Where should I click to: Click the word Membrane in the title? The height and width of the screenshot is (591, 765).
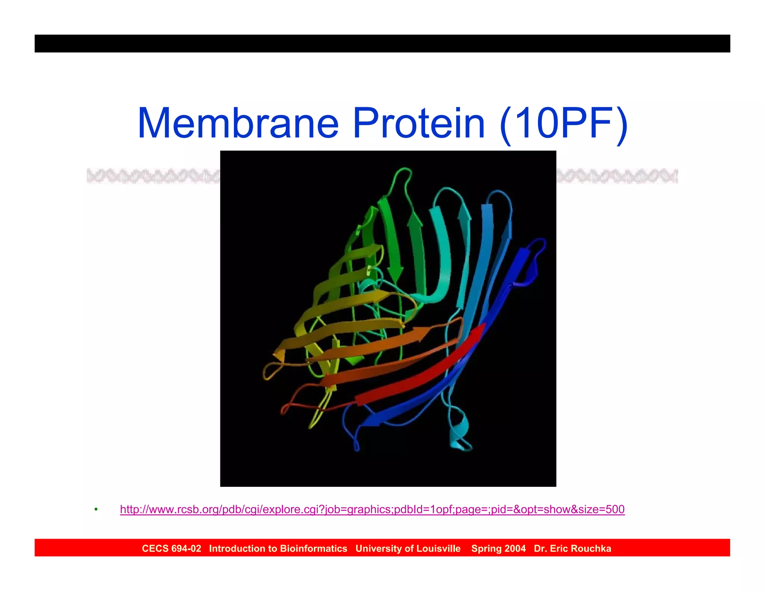[x=238, y=123]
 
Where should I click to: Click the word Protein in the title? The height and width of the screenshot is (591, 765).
[x=419, y=123]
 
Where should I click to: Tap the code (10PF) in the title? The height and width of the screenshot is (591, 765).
[x=563, y=123]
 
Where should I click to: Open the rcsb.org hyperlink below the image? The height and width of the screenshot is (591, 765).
[x=372, y=509]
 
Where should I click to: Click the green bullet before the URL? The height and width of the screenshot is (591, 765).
[x=96, y=510]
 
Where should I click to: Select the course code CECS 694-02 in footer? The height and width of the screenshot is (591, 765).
[x=171, y=548]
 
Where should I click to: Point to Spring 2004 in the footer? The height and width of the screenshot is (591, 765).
[x=498, y=548]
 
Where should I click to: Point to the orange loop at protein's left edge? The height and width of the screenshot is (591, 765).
[x=268, y=372]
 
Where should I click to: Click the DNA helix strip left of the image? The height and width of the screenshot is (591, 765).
[x=153, y=176]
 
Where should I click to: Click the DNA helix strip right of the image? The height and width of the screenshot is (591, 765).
[x=617, y=176]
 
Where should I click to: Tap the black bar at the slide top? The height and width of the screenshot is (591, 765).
[x=382, y=43]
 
